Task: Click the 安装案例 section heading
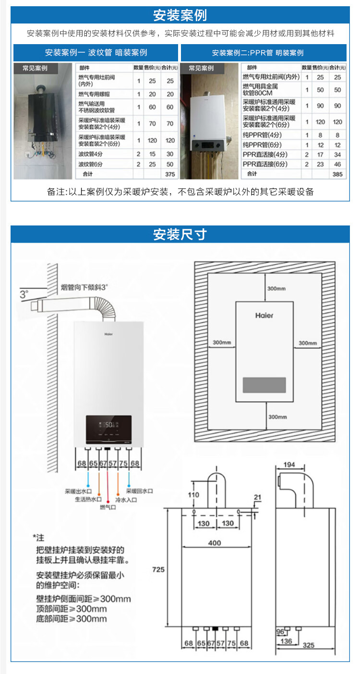tap(180, 15)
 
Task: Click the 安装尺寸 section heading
tap(180, 235)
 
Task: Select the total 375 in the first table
tap(170, 174)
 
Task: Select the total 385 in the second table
tap(337, 174)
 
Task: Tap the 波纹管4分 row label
tap(91, 154)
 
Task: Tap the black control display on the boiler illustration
tap(108, 428)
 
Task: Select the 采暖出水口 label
tap(79, 492)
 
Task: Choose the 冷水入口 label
tap(126, 499)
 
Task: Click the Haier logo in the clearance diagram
tap(264, 315)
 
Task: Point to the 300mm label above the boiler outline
tap(276, 289)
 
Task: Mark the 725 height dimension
tap(158, 569)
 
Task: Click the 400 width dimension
tap(215, 543)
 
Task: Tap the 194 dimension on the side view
tap(289, 465)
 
